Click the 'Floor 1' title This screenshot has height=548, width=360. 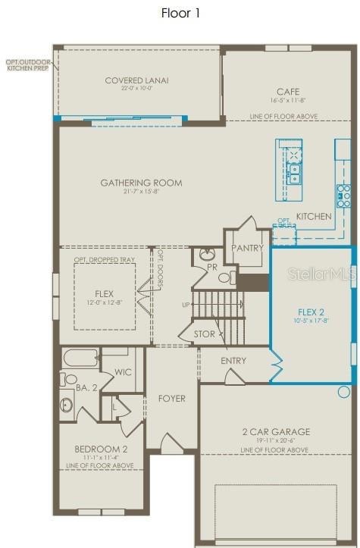[x=180, y=13]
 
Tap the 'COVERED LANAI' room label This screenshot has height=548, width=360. [x=137, y=80]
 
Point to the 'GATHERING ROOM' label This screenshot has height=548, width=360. [x=142, y=183]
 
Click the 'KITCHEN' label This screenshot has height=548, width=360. [x=314, y=216]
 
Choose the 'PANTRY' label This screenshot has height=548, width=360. [x=248, y=248]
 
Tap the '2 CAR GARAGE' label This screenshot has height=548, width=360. [x=276, y=431]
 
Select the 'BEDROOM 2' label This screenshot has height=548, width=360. [x=101, y=449]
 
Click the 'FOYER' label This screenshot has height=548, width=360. [x=171, y=399]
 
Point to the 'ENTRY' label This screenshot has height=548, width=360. [x=233, y=361]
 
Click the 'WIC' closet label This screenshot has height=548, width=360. [x=124, y=372]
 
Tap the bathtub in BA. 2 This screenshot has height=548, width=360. [x=80, y=357]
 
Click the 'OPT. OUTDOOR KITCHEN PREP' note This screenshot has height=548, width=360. [x=27, y=64]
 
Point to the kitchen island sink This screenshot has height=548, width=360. [x=293, y=179]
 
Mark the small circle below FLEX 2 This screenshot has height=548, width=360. [x=344, y=392]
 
